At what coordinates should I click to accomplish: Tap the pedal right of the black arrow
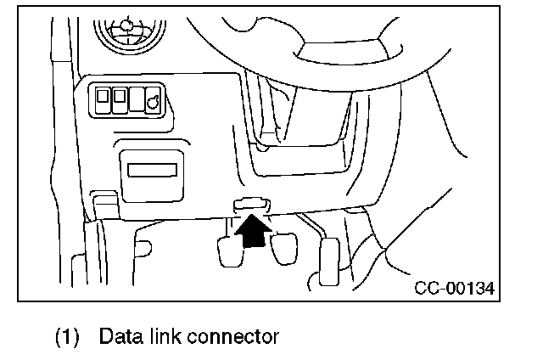(x=283, y=250)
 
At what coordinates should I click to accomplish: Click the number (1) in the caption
(x=69, y=336)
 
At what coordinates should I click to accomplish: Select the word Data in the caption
(x=119, y=336)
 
